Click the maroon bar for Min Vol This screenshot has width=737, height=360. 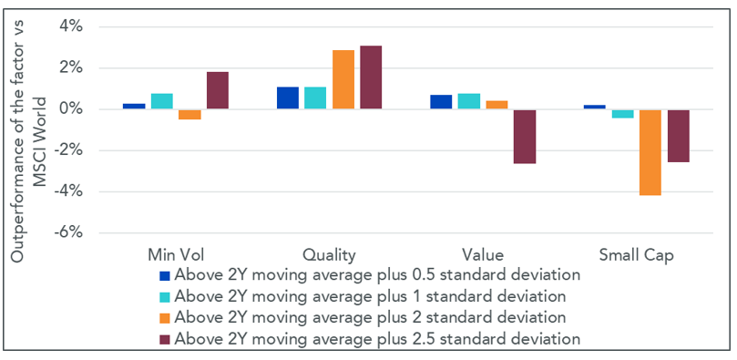(217, 90)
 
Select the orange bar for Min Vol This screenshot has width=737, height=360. (189, 115)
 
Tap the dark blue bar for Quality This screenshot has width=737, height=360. (288, 98)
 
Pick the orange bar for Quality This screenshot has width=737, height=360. (343, 79)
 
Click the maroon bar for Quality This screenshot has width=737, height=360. (371, 77)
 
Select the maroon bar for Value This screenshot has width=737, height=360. (525, 137)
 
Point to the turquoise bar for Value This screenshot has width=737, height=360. (469, 101)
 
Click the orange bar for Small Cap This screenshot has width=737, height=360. (650, 153)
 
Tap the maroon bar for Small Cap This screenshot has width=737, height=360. (679, 137)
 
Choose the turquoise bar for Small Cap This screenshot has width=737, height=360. (623, 114)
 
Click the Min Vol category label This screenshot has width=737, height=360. (176, 255)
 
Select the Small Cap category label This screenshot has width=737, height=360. (637, 255)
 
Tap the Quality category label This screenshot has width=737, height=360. (329, 256)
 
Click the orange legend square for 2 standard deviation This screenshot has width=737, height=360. (165, 317)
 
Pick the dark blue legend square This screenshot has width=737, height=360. (165, 275)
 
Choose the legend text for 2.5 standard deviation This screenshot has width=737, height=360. (377, 339)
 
